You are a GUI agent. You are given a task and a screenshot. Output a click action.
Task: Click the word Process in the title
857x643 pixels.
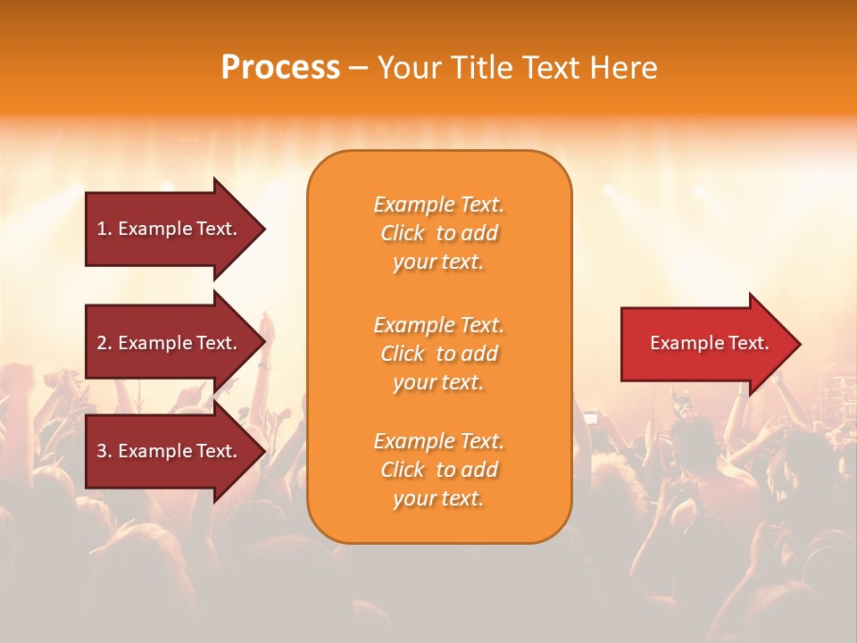[x=280, y=68]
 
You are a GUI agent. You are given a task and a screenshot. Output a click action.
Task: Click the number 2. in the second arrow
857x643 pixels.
[x=104, y=343]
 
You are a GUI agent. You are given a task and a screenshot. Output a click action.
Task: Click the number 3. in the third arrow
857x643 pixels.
[x=104, y=451]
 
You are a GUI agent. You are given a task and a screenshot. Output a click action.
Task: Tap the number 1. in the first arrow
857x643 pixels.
[x=104, y=229]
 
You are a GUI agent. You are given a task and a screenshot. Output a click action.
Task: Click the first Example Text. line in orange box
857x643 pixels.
[x=438, y=205]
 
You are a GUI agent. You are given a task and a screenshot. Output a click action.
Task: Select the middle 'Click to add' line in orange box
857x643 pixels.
[x=438, y=354]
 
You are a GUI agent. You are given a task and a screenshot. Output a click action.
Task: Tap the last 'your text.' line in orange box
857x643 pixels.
[x=438, y=499]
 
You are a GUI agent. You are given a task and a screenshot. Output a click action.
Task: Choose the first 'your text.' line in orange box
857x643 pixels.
[x=438, y=262]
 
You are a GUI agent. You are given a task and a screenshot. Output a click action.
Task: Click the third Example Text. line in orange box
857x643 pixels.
[x=438, y=441]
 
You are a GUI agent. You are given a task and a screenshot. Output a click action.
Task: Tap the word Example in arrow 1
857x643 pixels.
[x=154, y=229]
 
